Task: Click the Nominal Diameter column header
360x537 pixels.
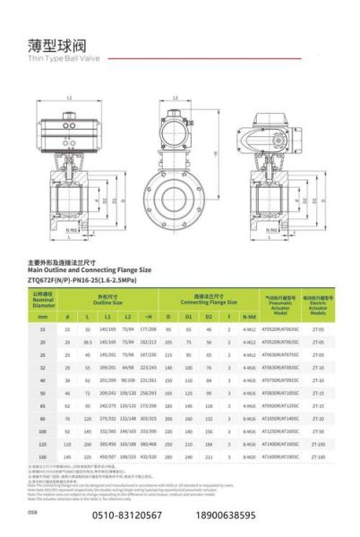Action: (44, 297)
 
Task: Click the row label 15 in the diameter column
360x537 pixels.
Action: (44, 330)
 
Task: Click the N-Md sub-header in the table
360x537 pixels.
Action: (248, 316)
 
